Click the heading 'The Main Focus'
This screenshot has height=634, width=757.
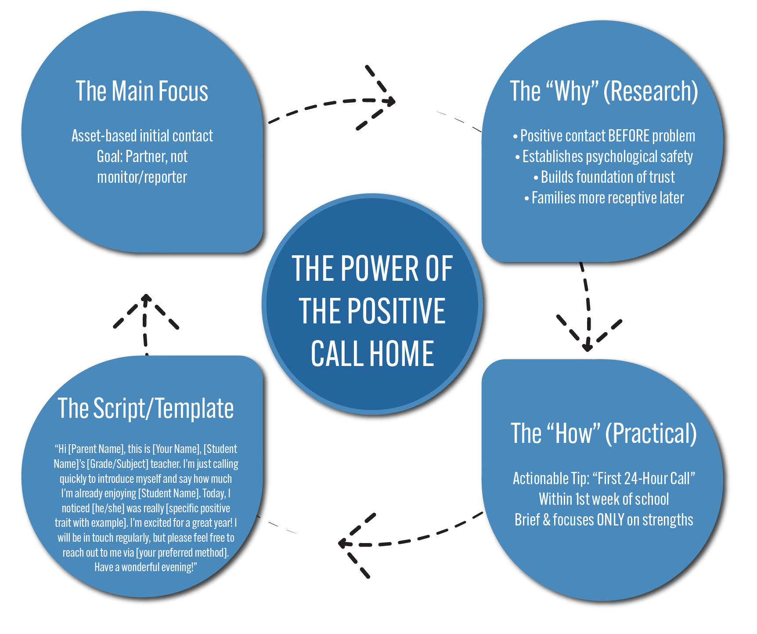tap(141, 91)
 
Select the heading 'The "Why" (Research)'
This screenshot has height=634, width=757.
tap(604, 91)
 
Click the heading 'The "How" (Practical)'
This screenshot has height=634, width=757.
tap(604, 434)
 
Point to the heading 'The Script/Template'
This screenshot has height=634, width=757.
tap(145, 409)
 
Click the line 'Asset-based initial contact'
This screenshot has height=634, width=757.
tap(142, 136)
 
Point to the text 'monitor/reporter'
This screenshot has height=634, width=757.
tap(142, 178)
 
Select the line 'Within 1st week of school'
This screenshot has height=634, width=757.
tap(604, 500)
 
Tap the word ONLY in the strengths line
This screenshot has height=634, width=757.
tap(610, 520)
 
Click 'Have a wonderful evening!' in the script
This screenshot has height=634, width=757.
tap(145, 567)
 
